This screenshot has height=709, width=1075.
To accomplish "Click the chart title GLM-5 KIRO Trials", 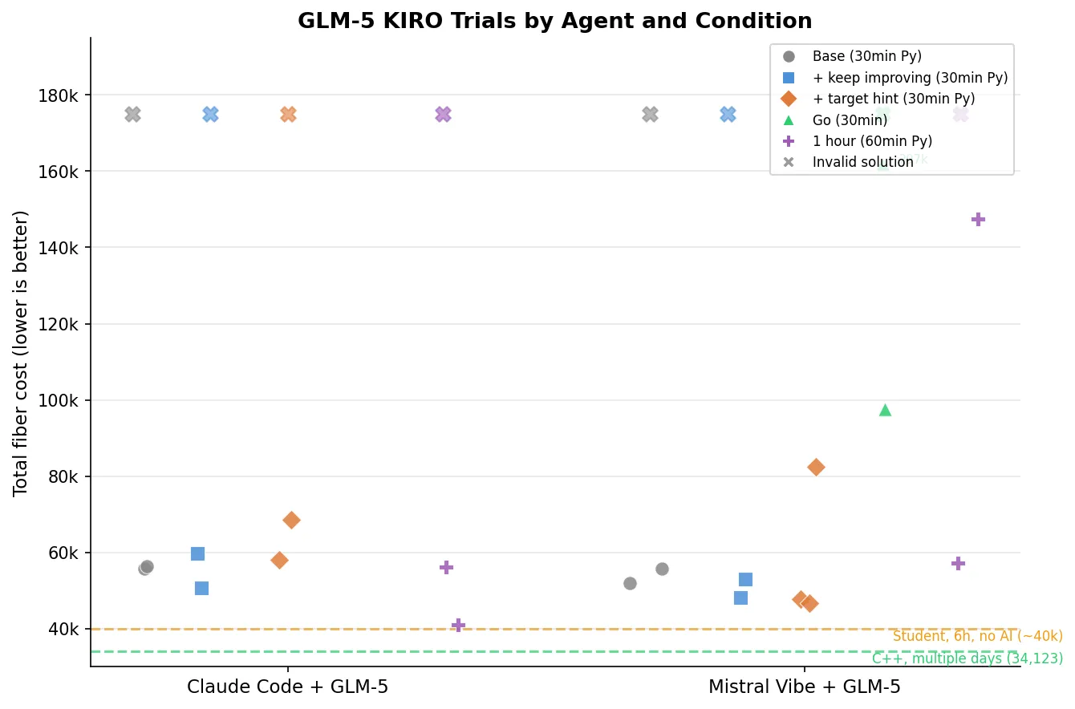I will (554, 22).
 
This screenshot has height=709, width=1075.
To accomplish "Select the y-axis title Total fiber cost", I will (21, 353).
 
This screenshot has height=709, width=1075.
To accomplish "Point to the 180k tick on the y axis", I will (63, 95).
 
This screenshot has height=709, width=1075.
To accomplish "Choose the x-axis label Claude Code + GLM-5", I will (287, 687).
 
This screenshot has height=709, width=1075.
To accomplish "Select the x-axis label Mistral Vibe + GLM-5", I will (804, 687).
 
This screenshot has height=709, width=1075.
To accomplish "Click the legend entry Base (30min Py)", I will (866, 57).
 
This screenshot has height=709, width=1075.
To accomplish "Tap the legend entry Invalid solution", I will (862, 162).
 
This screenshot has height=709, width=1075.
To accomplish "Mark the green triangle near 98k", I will (885, 410).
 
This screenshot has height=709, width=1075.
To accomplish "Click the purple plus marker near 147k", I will (978, 219).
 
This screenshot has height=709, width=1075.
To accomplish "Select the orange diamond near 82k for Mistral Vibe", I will (816, 467).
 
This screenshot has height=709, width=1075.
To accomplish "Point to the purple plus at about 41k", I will (458, 625).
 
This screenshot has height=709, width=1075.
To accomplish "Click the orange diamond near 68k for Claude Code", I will (291, 520).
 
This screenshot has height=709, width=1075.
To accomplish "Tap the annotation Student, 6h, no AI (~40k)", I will (977, 636).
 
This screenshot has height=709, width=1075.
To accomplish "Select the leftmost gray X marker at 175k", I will (132, 115).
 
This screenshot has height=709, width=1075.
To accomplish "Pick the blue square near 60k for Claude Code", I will (197, 553).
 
